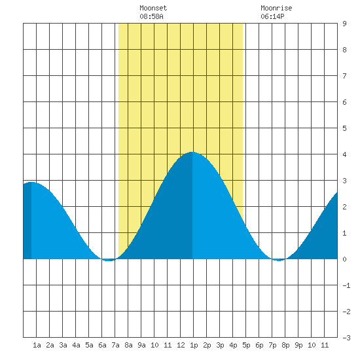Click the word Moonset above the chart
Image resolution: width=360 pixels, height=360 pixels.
point(153,8)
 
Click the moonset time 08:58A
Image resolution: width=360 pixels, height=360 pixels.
point(151,16)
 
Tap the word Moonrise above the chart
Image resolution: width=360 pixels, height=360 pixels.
point(276,8)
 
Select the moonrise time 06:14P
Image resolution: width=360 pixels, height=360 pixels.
point(272,16)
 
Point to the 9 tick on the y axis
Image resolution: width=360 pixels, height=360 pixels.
point(344,24)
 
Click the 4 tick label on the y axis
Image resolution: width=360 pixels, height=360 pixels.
point(344,154)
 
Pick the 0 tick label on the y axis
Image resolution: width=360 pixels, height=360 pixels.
point(344,259)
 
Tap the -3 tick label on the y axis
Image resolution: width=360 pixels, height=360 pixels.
point(346,338)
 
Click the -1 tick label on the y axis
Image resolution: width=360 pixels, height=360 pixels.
point(346,285)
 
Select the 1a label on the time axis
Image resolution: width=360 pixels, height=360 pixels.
point(37,345)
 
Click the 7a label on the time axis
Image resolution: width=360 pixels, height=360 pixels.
point(115,345)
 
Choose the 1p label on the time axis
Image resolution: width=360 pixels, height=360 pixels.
point(194,345)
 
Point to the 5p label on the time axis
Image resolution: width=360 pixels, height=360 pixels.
point(246,345)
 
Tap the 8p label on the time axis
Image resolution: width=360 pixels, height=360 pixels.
point(285,345)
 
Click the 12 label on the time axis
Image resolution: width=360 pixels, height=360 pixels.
point(181,345)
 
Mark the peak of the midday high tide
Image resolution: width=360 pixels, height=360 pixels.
point(192,152)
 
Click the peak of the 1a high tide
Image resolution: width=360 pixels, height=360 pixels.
point(31,183)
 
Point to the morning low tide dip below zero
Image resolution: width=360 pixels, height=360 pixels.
point(109,260)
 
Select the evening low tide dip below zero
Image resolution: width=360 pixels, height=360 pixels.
point(279,260)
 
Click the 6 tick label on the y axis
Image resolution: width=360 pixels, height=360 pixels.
point(344,102)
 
